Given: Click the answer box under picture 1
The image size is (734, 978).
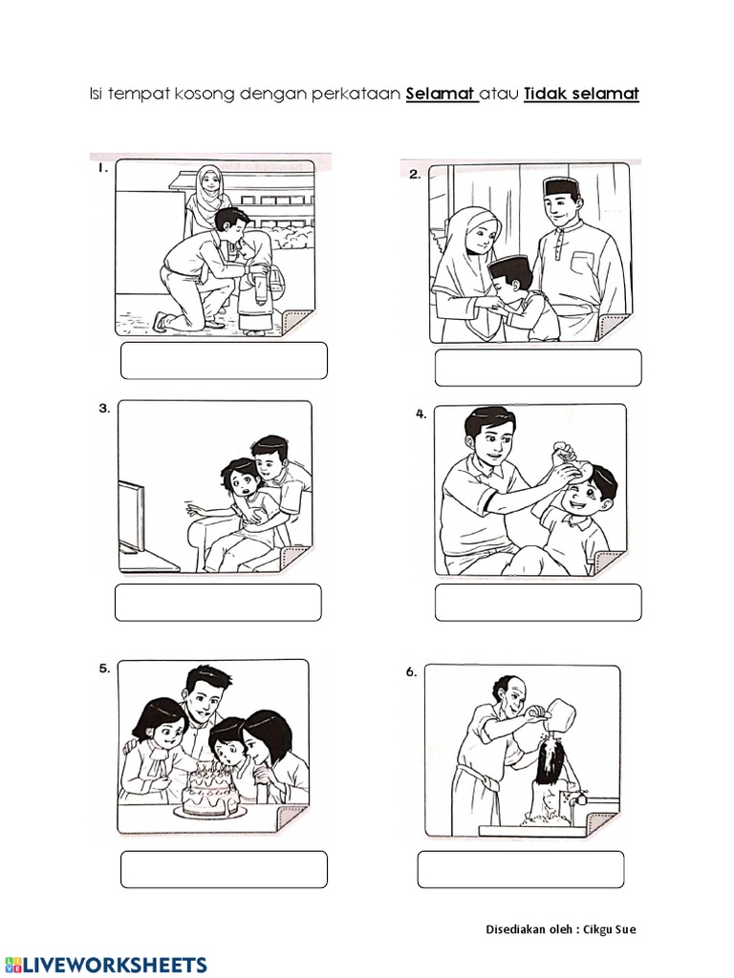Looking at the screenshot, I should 225,361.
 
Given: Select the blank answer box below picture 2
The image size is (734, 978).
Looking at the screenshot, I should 538,368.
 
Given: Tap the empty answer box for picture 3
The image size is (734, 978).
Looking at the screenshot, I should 218,603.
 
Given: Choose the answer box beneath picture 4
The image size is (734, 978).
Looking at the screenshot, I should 538,603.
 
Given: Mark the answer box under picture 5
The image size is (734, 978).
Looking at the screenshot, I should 225,869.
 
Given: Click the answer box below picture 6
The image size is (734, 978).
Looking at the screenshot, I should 521,869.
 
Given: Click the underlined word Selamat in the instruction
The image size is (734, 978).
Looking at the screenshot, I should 442,95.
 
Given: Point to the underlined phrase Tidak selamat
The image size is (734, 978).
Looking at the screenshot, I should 581,95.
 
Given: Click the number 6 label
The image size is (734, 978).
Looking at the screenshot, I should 411,672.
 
